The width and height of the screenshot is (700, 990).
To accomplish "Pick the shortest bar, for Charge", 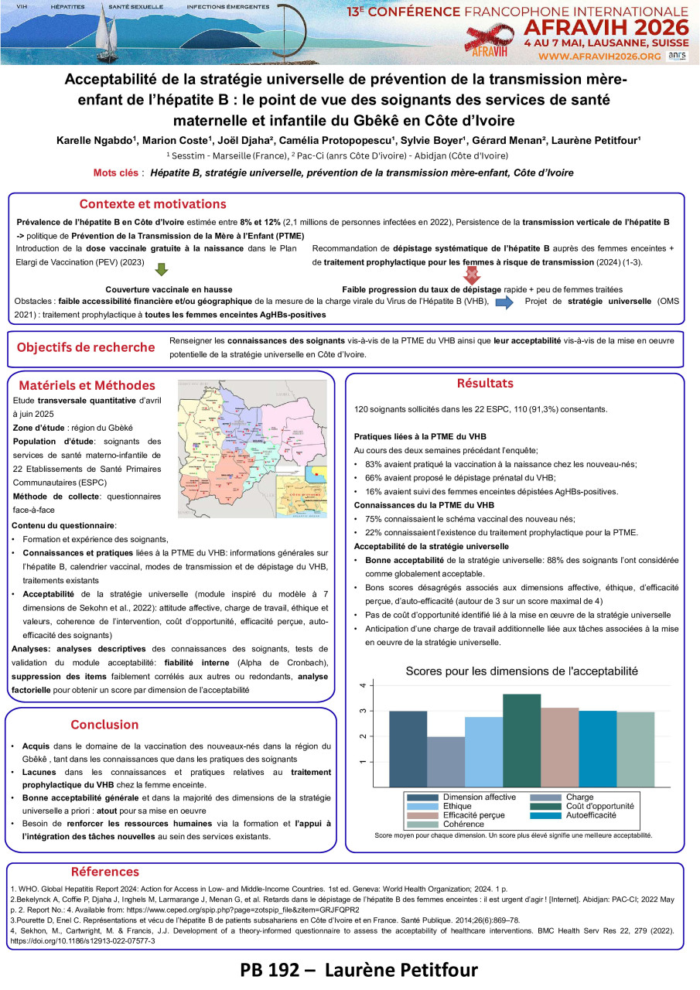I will [x=446, y=761].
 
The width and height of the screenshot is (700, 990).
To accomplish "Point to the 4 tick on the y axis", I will [x=374, y=685].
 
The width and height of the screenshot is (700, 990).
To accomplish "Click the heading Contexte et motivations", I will [x=153, y=204].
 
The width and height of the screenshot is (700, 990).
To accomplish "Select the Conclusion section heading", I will [x=104, y=725].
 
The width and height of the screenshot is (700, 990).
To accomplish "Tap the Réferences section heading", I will [x=105, y=872].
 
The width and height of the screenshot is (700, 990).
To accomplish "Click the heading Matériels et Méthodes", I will [x=87, y=385].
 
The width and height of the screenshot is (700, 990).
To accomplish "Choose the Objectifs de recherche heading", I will [x=86, y=347].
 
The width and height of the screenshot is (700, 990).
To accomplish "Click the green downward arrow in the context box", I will [x=162, y=270].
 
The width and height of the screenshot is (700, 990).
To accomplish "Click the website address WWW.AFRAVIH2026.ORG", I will [x=599, y=56].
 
